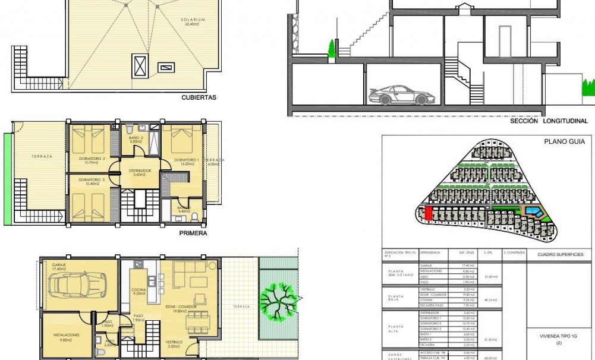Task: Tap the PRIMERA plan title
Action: (x=193, y=233)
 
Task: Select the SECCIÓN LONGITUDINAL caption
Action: (x=549, y=121)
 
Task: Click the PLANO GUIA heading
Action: (x=565, y=141)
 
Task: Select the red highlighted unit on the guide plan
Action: (x=428, y=213)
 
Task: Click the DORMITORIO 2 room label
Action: (x=92, y=159)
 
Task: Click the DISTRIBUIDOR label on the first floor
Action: (x=140, y=171)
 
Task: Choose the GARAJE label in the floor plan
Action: (x=58, y=264)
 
